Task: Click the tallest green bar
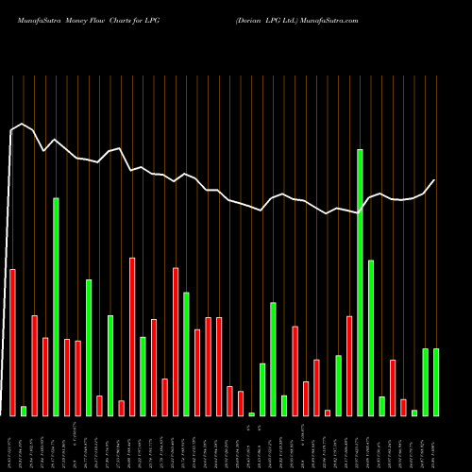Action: point(360,282)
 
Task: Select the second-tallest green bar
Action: point(56,307)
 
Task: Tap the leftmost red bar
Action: point(12,342)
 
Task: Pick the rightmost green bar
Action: point(436,381)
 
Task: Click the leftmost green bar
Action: point(24,411)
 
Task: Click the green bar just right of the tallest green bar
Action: point(371,338)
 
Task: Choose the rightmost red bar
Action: point(403,407)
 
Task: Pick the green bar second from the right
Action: point(425,381)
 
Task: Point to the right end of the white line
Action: point(434,180)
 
